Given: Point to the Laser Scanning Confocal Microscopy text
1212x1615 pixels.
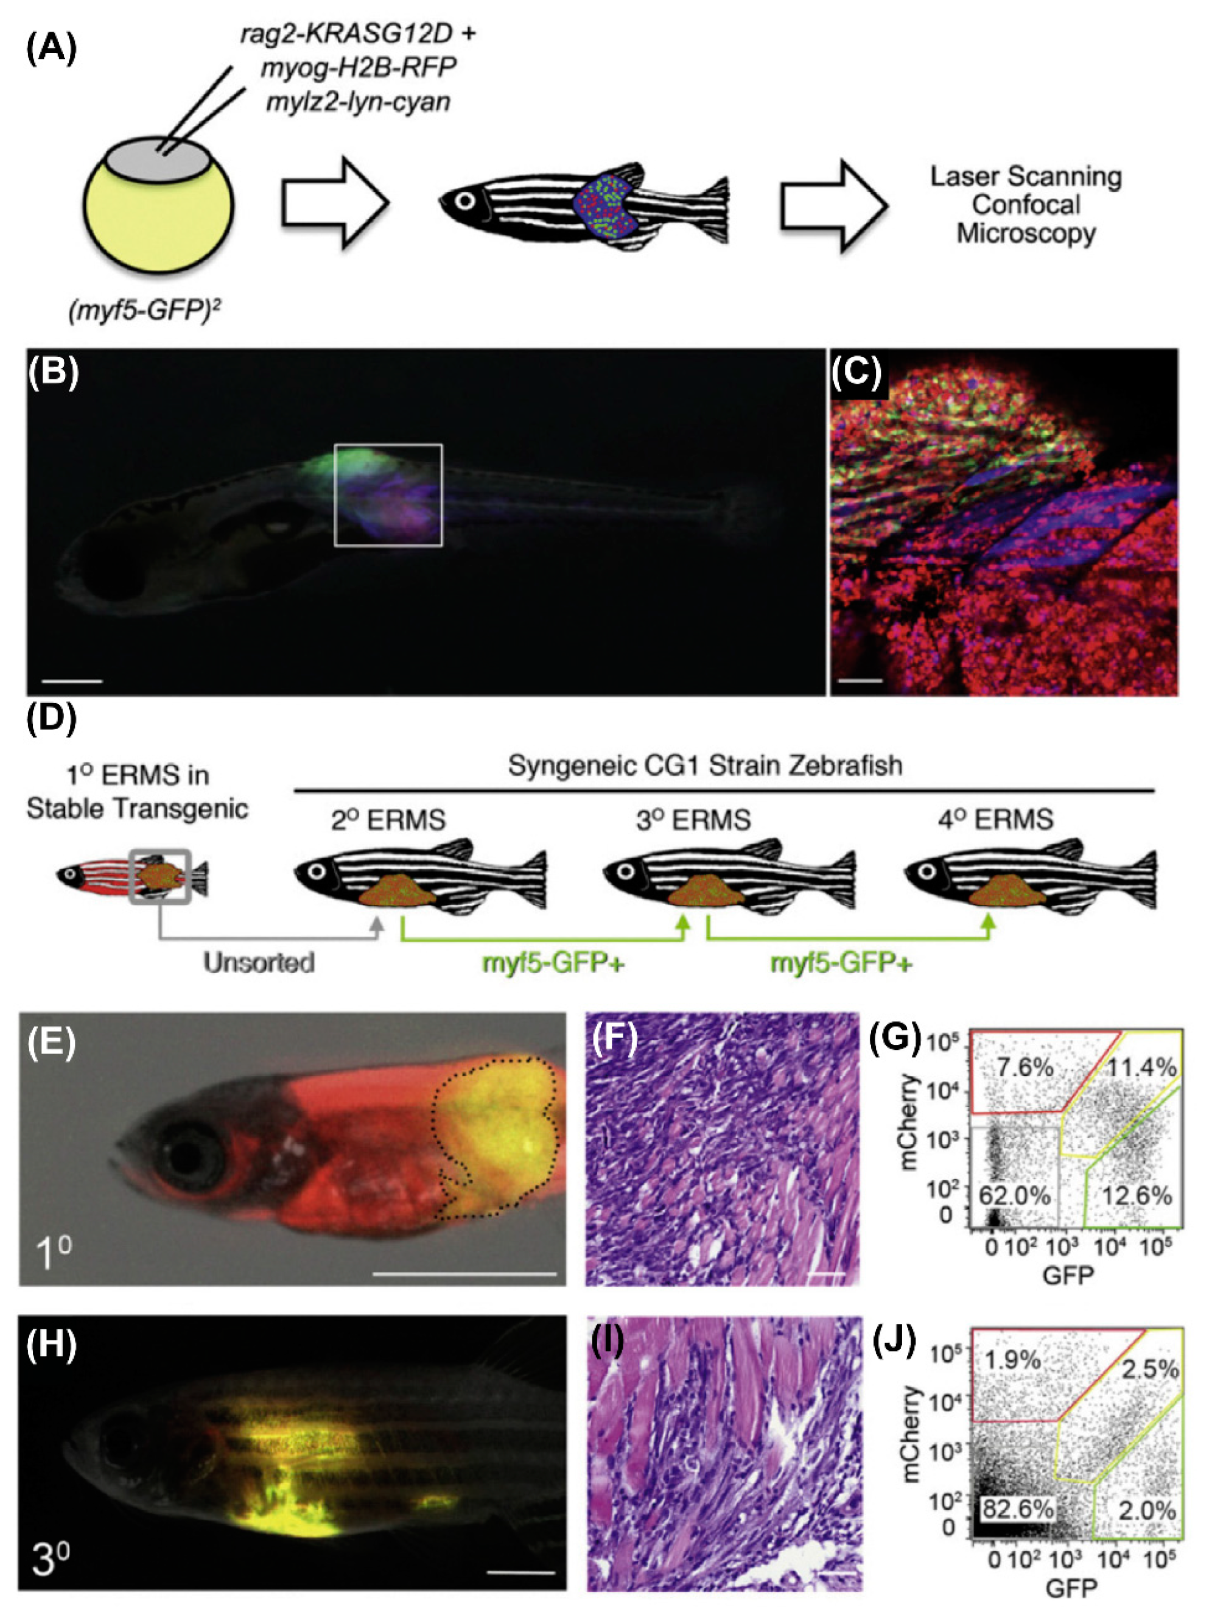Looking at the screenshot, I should [1025, 205].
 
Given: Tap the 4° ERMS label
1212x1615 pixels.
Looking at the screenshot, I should [995, 819].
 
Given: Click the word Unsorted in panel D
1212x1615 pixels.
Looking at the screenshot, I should [259, 963].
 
